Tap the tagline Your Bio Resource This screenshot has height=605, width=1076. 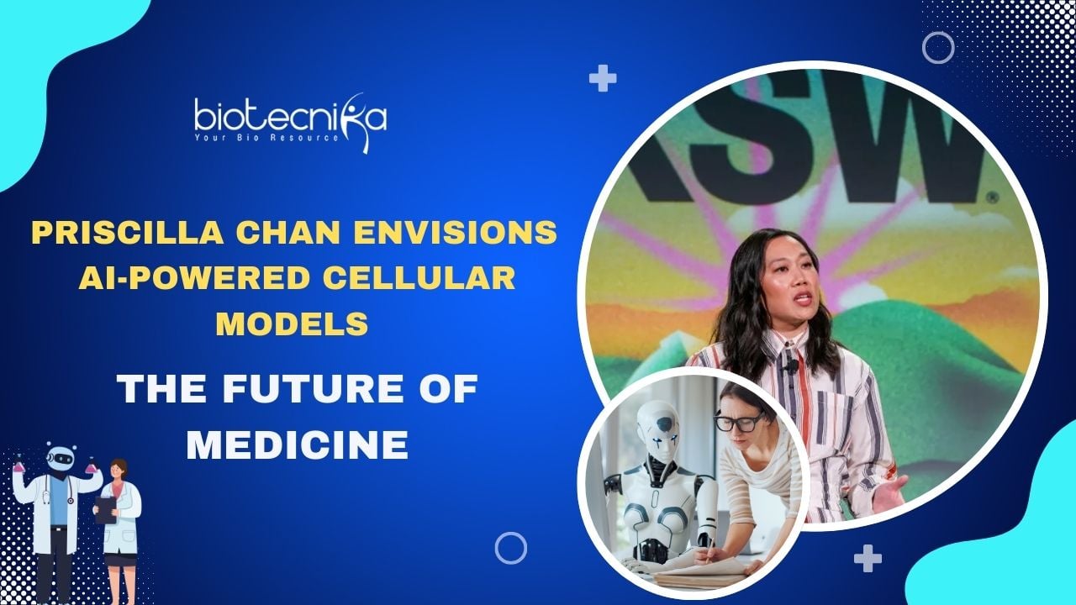(266, 138)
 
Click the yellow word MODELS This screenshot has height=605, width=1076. (292, 324)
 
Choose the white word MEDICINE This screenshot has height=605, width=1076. (298, 445)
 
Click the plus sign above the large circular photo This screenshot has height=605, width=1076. (603, 78)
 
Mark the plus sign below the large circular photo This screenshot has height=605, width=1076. (868, 559)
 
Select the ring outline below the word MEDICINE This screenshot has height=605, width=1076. (510, 533)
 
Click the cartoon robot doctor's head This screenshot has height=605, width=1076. (61, 457)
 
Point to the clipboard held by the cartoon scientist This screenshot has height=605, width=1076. (106, 510)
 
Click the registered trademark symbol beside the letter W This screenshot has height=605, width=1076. (994, 197)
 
